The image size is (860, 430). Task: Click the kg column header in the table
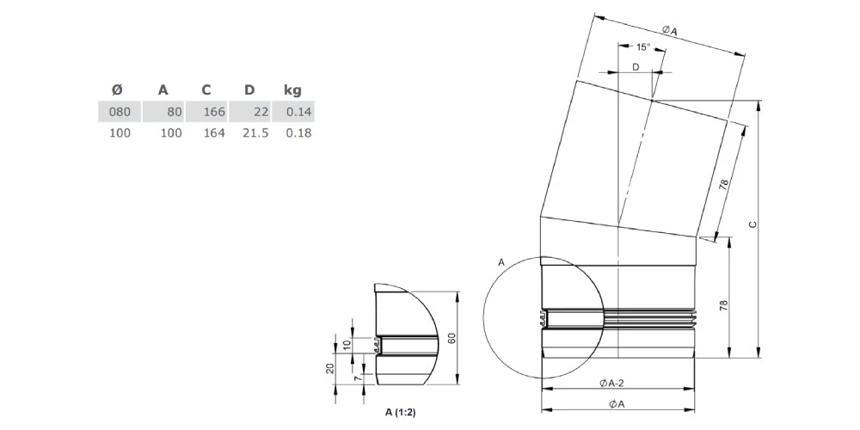pos(292,90)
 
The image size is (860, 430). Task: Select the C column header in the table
pos(206,90)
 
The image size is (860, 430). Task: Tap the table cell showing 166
pos(214,112)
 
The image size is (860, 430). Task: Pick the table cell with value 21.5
pos(255,132)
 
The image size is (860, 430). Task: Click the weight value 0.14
pos(298,112)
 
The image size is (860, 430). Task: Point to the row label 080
pos(120,112)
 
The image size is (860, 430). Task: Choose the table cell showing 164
pos(214,132)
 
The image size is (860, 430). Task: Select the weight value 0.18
pos(298,132)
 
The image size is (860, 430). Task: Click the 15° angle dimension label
pos(642,47)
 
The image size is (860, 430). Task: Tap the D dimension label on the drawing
pos(636,67)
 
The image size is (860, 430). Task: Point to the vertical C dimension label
pos(753,224)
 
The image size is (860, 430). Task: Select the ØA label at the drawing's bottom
pos(617,404)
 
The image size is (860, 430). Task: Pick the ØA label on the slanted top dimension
pos(669,31)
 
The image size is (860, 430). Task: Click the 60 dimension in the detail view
pos(451,338)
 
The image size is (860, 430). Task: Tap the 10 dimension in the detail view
pos(346,345)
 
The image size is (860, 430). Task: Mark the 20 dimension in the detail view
pos(329,368)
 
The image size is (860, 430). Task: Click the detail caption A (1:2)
pos(396,413)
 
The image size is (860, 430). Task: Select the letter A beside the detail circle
pos(501,262)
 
